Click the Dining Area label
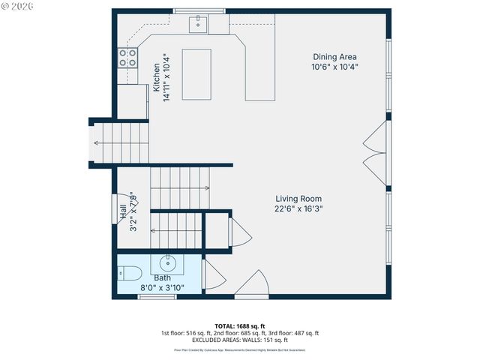(x=334, y=56)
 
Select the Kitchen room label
(x=157, y=77)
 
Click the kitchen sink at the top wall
(x=199, y=25)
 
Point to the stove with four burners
(x=127, y=58)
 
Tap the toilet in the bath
(x=128, y=273)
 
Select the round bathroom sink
(x=166, y=264)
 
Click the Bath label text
(x=162, y=277)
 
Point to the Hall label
(x=122, y=212)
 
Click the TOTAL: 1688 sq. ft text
(x=240, y=325)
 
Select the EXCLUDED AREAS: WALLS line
(x=240, y=340)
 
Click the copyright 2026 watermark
(x=19, y=7)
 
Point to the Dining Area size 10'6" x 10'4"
(x=334, y=67)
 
